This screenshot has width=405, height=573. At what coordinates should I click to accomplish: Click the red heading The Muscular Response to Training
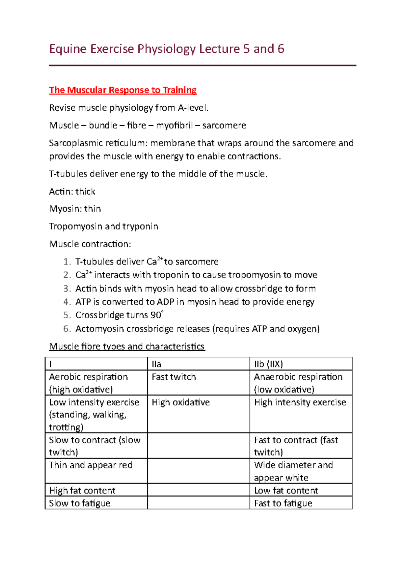tap(123, 90)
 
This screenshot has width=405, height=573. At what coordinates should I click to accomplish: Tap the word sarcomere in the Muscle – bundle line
tap(224, 126)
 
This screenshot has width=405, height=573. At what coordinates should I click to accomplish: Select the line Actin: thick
tap(72, 192)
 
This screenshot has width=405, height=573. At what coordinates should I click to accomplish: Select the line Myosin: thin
tap(75, 209)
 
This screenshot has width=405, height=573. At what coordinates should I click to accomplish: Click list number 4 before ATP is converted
tap(67, 302)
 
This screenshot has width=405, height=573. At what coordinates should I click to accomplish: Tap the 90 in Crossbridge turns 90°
tap(156, 315)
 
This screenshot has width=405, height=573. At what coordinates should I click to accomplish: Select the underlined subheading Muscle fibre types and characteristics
tap(127, 347)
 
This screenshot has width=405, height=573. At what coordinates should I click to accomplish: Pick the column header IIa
tap(156, 364)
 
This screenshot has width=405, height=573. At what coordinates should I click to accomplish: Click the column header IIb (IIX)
tap(268, 364)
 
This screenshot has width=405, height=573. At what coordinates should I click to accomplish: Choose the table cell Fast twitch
tap(174, 377)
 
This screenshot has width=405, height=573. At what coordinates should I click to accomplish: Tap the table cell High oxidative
tap(181, 402)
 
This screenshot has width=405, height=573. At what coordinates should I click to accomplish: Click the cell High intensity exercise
tap(300, 402)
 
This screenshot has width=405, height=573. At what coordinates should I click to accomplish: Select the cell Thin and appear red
tap(90, 465)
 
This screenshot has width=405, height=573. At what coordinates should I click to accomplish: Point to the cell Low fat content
tap(286, 490)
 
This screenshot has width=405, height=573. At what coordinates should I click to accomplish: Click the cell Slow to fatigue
tap(80, 503)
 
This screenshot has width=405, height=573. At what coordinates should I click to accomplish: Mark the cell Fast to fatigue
tap(283, 503)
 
